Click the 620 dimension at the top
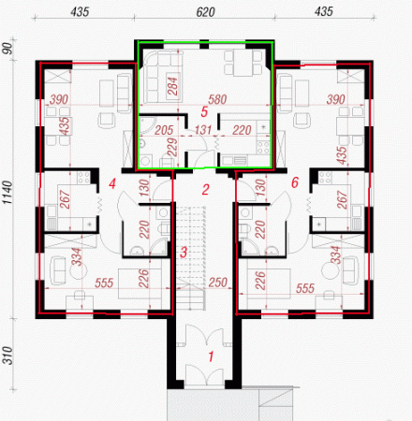[205, 12]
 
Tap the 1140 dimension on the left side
[7, 193]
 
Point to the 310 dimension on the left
[8, 356]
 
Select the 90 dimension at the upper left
[7, 48]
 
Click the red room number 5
[204, 112]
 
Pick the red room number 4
[112, 183]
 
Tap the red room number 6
[295, 182]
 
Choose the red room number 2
[205, 190]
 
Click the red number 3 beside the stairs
[184, 253]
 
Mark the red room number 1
[211, 356]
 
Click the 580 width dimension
[217, 99]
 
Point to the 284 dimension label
[172, 86]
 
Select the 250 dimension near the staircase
[217, 283]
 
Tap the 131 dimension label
[203, 130]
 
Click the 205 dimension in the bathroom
[164, 130]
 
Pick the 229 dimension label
[172, 147]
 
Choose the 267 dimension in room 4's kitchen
[66, 199]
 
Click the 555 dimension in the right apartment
[305, 288]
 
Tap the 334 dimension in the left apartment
[77, 256]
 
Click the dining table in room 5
[243, 64]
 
